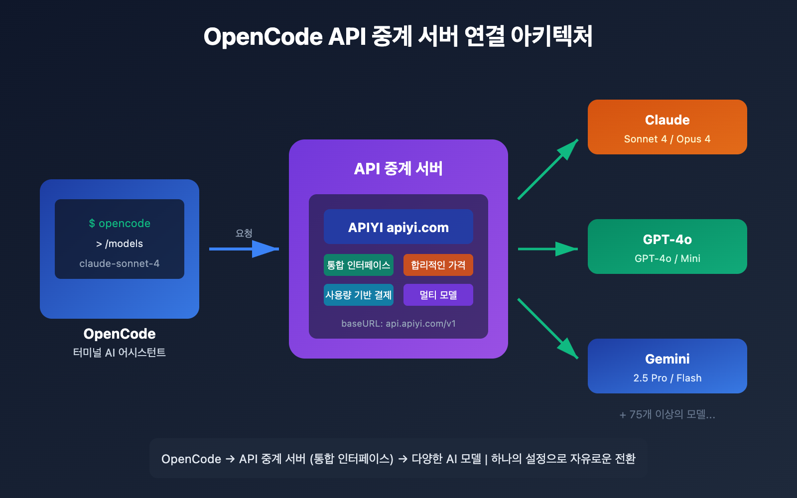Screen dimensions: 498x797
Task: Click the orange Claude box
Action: (x=667, y=127)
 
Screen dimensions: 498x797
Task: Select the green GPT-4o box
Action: (x=667, y=247)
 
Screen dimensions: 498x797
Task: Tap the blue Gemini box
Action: (x=667, y=366)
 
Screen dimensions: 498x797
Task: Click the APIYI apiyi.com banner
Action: (x=398, y=227)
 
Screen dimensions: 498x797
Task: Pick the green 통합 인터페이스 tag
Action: (x=358, y=265)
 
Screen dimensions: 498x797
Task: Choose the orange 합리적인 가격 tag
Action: (x=438, y=265)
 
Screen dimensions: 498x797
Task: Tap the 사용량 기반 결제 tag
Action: (x=358, y=295)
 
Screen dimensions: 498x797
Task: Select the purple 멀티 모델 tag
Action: (x=438, y=295)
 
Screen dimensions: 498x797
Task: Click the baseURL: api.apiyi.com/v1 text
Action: (x=398, y=324)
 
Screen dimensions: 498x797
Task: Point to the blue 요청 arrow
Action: (x=244, y=249)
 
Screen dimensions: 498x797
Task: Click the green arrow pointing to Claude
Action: (x=548, y=169)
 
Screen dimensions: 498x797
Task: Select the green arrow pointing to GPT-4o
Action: (x=548, y=249)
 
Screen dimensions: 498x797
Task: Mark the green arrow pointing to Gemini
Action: (x=548, y=329)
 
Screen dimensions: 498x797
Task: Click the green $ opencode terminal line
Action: (x=120, y=224)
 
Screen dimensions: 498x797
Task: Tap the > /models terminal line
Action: (x=120, y=244)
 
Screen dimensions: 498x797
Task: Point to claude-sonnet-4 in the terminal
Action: (x=120, y=263)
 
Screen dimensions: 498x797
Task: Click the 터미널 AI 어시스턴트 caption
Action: (x=120, y=353)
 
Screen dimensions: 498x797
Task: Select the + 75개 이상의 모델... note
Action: (x=667, y=414)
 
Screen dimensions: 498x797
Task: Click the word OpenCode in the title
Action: (x=263, y=37)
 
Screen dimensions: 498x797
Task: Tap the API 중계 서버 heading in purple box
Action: (x=398, y=169)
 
